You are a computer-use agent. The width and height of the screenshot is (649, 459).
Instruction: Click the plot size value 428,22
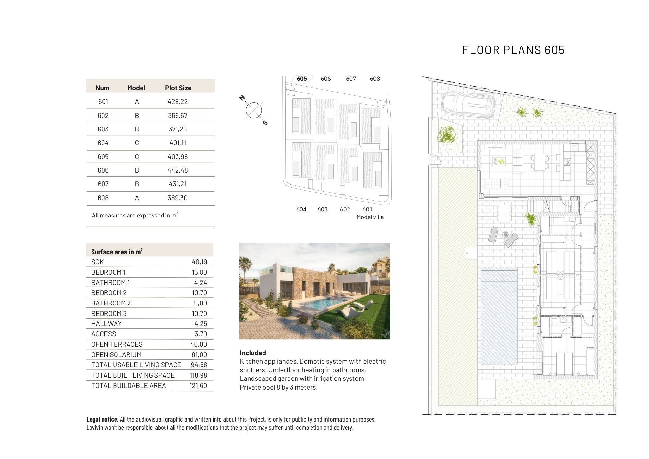(178, 102)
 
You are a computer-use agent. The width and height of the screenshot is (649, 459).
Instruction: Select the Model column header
(136, 88)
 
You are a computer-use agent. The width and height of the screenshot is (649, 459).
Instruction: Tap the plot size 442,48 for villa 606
(178, 170)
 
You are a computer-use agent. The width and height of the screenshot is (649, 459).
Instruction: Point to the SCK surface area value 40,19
(199, 262)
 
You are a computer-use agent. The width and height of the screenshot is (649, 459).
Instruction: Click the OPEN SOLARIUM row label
(116, 355)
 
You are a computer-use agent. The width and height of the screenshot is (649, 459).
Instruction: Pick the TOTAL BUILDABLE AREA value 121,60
(198, 386)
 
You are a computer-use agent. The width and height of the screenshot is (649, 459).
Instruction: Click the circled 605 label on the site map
(302, 79)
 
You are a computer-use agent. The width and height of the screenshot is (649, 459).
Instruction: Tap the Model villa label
(370, 217)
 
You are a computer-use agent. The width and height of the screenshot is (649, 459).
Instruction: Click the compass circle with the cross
(254, 110)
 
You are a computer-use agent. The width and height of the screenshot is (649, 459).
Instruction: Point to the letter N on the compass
(242, 98)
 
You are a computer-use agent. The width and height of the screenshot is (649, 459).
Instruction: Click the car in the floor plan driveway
(468, 104)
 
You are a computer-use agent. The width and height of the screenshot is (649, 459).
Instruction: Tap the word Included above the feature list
(253, 353)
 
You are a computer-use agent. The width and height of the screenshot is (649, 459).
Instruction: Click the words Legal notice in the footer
(102, 419)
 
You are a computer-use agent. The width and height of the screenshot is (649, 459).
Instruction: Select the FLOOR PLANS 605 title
(513, 50)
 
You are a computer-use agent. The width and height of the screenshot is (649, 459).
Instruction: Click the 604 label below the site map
(301, 209)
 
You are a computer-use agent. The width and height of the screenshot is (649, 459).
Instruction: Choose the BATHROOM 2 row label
(111, 303)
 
